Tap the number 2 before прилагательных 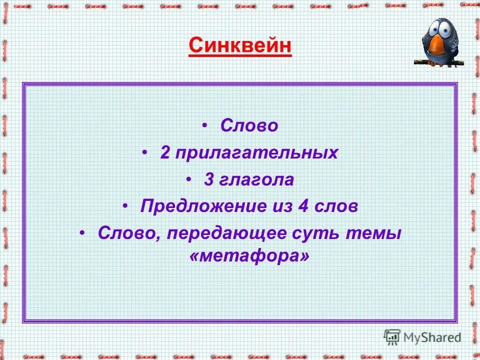tap(165, 152)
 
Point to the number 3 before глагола tap(208, 179)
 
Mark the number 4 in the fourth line tap(302, 206)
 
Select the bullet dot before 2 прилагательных tap(145, 152)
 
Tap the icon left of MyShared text tap(392, 336)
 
